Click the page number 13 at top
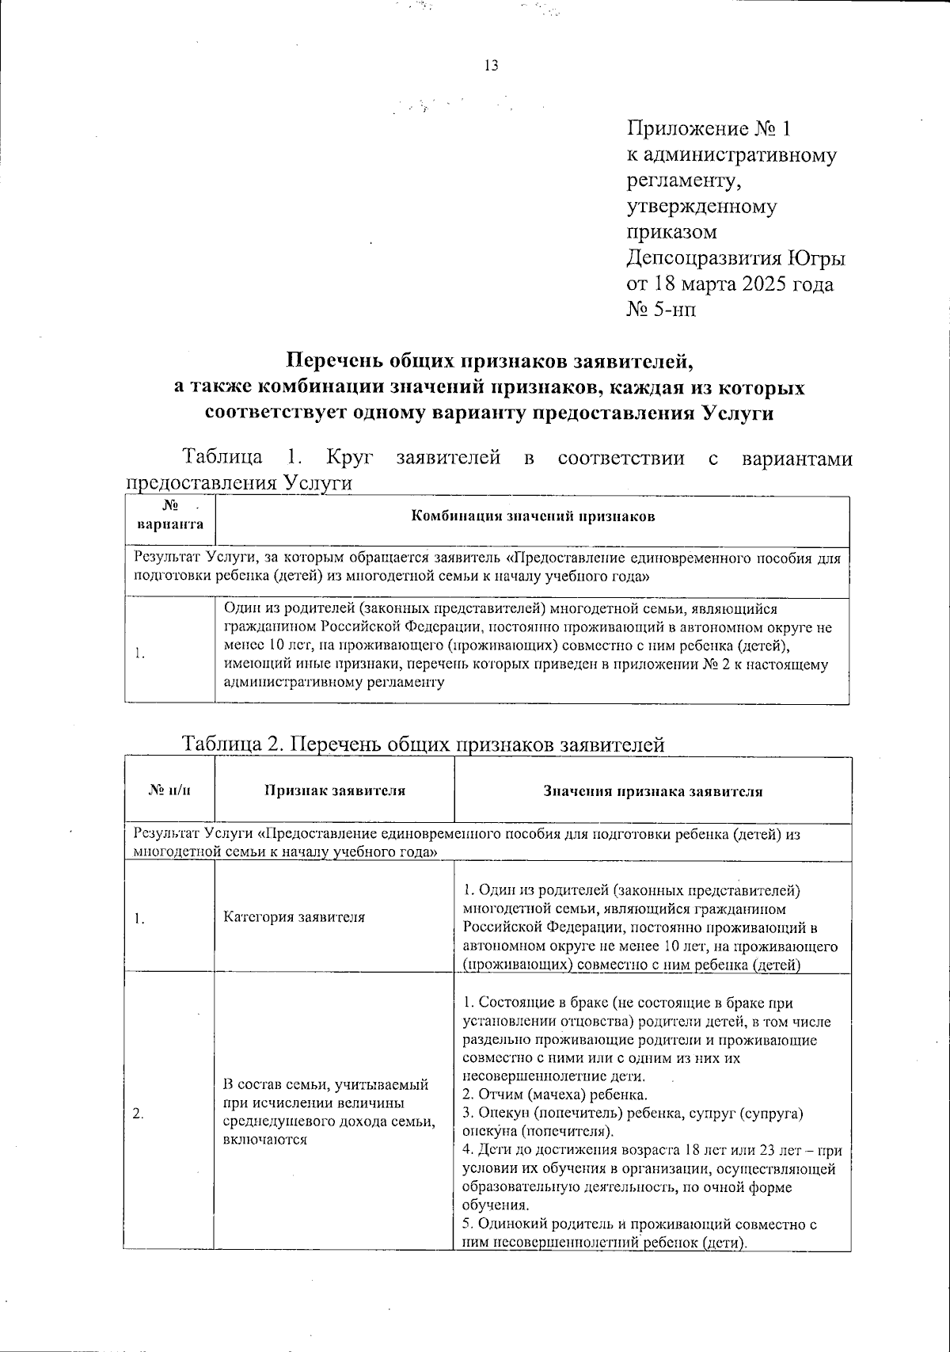point(490,66)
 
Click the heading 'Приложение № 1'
point(709,129)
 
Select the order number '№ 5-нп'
point(662,310)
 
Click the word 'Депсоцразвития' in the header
point(705,258)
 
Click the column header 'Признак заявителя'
point(334,790)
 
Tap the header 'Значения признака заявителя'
point(652,790)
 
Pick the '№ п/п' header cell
point(170,790)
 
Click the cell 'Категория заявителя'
point(294,917)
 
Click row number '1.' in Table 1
point(139,653)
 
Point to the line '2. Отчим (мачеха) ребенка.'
point(555,1095)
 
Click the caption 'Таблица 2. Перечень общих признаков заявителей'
point(423,745)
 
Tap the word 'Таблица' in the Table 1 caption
point(223,457)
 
